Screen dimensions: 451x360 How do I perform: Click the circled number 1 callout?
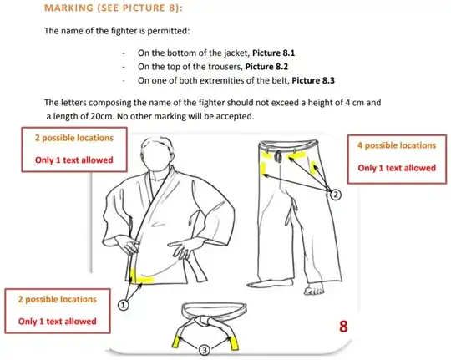(x=123, y=305)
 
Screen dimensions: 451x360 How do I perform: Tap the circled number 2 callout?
(x=336, y=195)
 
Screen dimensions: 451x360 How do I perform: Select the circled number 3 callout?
(x=205, y=350)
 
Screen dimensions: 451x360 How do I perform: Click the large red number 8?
(x=343, y=327)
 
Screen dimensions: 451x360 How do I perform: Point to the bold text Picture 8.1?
(x=273, y=53)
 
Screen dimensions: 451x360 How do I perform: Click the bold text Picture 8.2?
(x=266, y=67)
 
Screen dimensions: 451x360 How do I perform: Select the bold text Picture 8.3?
(x=313, y=80)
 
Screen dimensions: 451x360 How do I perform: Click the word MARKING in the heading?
(x=69, y=8)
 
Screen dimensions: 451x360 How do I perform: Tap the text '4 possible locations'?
(x=397, y=145)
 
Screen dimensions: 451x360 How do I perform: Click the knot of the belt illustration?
(x=203, y=320)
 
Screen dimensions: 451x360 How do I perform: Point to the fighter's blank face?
(x=157, y=155)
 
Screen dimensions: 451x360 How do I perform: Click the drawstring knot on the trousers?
(x=278, y=155)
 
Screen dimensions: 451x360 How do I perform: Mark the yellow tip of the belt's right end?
(x=234, y=343)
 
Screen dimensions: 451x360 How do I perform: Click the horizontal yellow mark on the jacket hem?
(x=144, y=280)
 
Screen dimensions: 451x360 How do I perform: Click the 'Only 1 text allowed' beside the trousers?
(x=397, y=168)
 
